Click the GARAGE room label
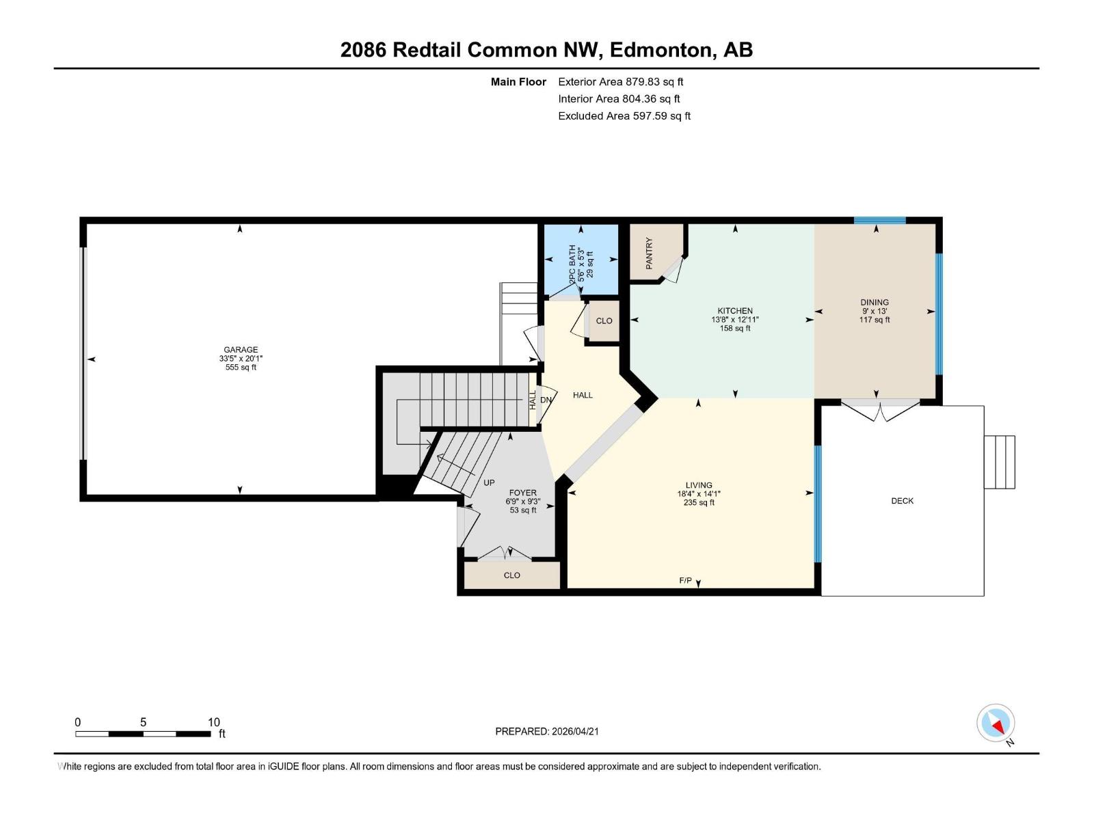(x=241, y=350)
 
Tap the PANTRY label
(x=650, y=253)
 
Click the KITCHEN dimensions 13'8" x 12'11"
(x=735, y=320)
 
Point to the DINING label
(x=875, y=302)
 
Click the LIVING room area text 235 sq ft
(x=699, y=503)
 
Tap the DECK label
(x=902, y=501)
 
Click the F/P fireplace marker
(x=685, y=581)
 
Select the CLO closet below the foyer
(x=511, y=575)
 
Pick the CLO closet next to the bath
(x=604, y=321)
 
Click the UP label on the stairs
(x=489, y=482)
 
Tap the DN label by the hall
(x=546, y=400)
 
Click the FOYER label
(x=522, y=493)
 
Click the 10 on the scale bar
(x=213, y=722)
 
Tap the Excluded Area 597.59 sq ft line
(x=624, y=116)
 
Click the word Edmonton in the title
(x=660, y=50)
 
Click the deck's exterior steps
(x=999, y=462)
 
